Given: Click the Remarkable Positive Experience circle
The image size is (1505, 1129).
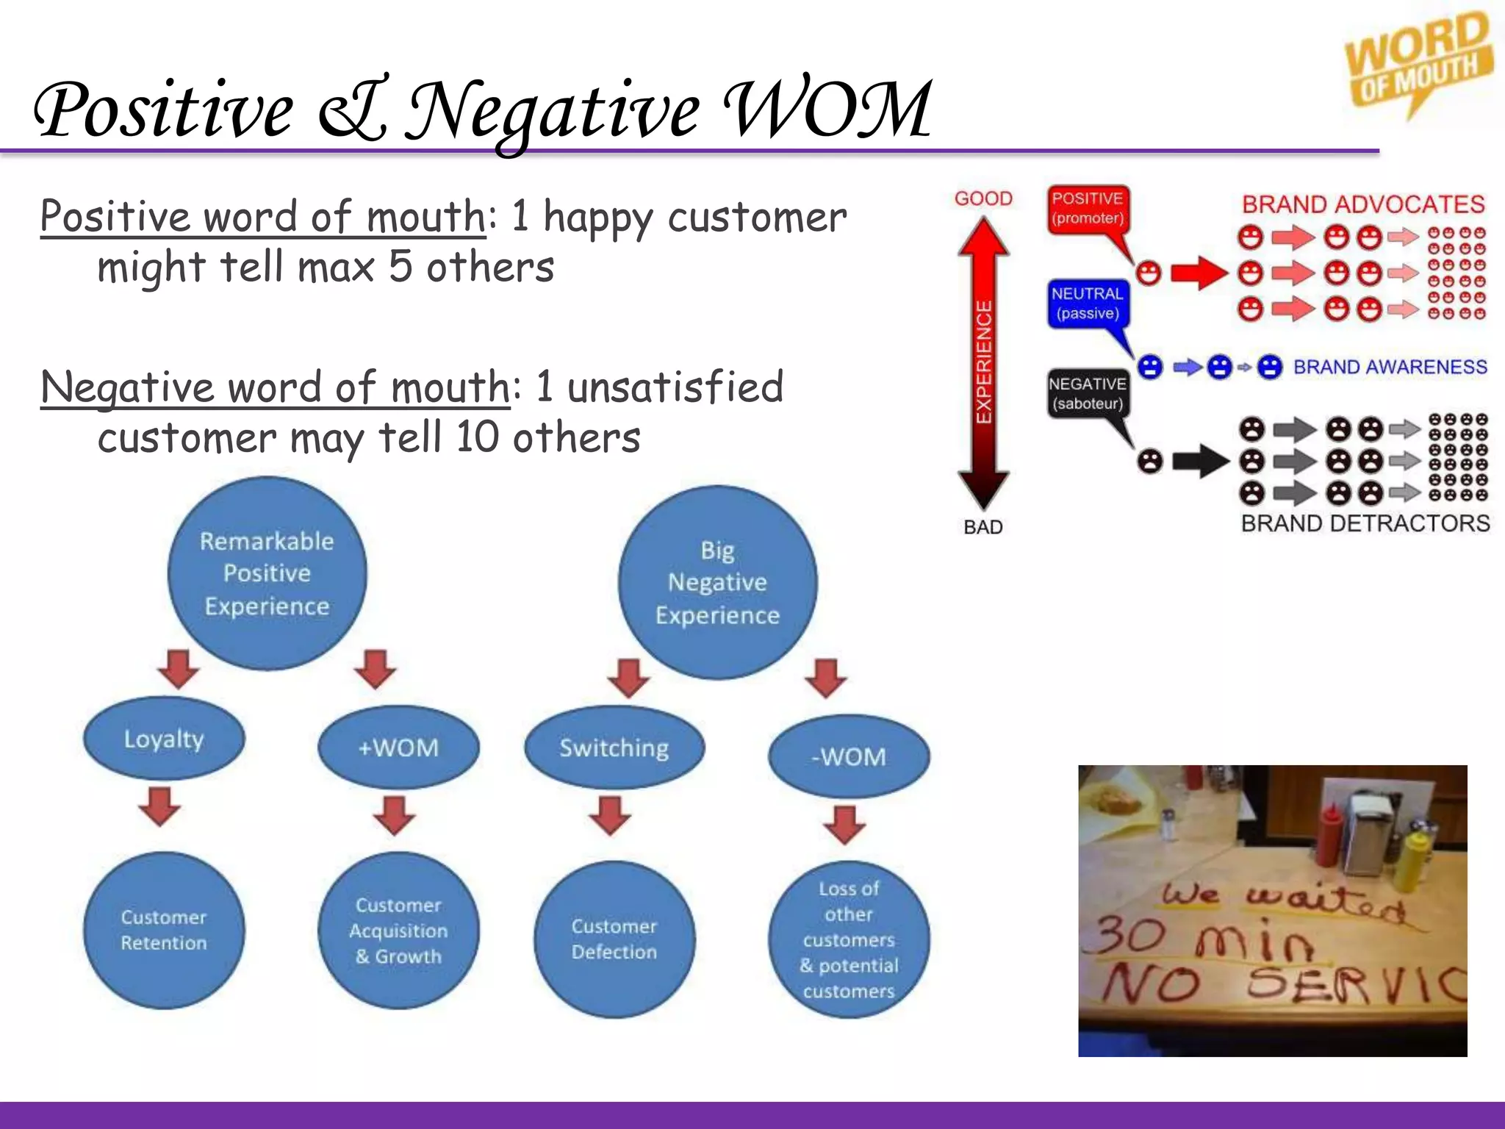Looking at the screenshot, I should (x=267, y=573).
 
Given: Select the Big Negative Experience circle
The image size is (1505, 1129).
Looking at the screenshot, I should (x=717, y=582).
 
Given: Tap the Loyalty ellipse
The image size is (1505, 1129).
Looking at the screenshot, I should (x=164, y=738).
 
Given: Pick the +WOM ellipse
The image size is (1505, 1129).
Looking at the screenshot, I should (x=398, y=748).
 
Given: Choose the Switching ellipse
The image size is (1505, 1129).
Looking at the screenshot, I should (x=614, y=748).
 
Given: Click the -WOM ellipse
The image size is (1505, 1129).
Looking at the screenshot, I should (x=849, y=756).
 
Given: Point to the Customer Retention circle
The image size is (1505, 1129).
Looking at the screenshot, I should (x=164, y=930).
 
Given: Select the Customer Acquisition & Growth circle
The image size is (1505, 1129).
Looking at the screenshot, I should (x=398, y=931).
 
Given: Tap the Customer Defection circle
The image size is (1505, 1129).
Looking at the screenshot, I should (x=614, y=939).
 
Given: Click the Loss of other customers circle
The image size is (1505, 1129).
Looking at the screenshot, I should (x=849, y=939).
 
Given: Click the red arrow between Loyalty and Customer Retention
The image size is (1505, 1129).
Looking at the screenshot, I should (x=160, y=806).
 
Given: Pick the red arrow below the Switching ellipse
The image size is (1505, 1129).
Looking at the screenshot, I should (x=611, y=814).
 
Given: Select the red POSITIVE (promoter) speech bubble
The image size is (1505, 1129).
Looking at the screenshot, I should (x=1088, y=209).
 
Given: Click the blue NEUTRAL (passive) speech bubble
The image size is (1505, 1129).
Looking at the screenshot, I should (x=1088, y=304).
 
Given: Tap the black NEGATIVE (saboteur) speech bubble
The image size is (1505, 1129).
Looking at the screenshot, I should (x=1088, y=394).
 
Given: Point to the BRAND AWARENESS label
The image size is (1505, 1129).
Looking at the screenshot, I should (x=1390, y=367).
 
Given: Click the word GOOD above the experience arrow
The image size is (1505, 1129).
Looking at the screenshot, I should (x=983, y=198).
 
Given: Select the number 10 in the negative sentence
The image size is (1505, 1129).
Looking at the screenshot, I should (x=477, y=437).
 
